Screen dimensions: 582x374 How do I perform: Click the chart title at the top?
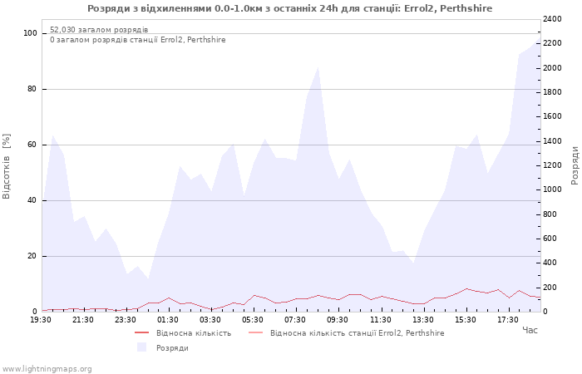point(290,8)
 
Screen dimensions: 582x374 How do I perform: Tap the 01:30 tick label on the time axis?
point(168,320)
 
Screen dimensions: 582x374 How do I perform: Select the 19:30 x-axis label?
point(41,320)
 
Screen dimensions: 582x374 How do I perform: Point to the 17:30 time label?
point(508,320)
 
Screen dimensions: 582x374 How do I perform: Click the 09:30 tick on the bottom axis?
point(338,320)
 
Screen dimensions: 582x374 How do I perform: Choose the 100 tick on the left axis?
point(30,33)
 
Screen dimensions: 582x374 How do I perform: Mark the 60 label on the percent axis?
point(32,145)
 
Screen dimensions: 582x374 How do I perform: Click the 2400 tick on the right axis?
point(552,19)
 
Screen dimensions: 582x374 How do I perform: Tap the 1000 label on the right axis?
point(552,189)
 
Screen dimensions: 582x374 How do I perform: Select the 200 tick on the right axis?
point(550,288)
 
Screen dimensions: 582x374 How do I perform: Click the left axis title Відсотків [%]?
point(7,166)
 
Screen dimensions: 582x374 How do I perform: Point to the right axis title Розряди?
point(575,165)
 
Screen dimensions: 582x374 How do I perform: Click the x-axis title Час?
point(530,330)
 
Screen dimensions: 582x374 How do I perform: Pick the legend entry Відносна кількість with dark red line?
point(183,332)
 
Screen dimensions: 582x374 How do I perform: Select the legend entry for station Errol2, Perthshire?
point(347,332)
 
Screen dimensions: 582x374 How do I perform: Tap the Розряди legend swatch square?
point(142,347)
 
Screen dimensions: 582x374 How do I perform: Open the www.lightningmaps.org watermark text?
point(46,369)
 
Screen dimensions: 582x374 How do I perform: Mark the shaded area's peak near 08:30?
point(318,66)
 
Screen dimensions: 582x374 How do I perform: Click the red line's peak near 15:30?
point(466,288)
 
